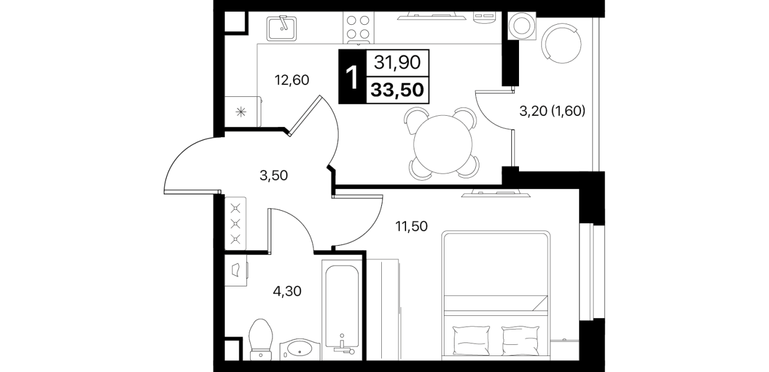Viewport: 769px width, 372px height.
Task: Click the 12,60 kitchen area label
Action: pyautogui.click(x=292, y=80)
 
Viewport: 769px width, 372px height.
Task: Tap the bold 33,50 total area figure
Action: pyautogui.click(x=398, y=90)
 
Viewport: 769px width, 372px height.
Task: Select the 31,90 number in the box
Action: pyautogui.click(x=398, y=63)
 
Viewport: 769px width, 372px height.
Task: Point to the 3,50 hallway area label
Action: pyautogui.click(x=274, y=175)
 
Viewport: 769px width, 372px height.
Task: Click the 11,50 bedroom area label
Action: pyautogui.click(x=411, y=226)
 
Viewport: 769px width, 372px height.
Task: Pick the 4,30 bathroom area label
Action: pyautogui.click(x=287, y=292)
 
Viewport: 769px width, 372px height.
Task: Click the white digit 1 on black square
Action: pyautogui.click(x=352, y=78)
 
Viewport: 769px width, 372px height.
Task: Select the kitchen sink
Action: pyautogui.click(x=282, y=28)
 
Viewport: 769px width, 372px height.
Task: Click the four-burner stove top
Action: pyautogui.click(x=358, y=27)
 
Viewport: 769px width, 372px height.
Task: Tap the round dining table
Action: pyautogui.click(x=443, y=144)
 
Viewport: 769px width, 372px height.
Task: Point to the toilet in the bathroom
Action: pyautogui.click(x=261, y=340)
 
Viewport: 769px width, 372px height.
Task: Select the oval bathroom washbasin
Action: pyautogui.click(x=300, y=349)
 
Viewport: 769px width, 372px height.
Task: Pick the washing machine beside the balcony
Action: pyautogui.click(x=521, y=26)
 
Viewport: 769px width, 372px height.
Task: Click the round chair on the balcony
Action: pyautogui.click(x=562, y=43)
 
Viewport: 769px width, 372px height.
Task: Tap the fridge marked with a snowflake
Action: pyautogui.click(x=243, y=112)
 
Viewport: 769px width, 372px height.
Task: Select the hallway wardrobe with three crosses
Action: pyautogui.click(x=235, y=223)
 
